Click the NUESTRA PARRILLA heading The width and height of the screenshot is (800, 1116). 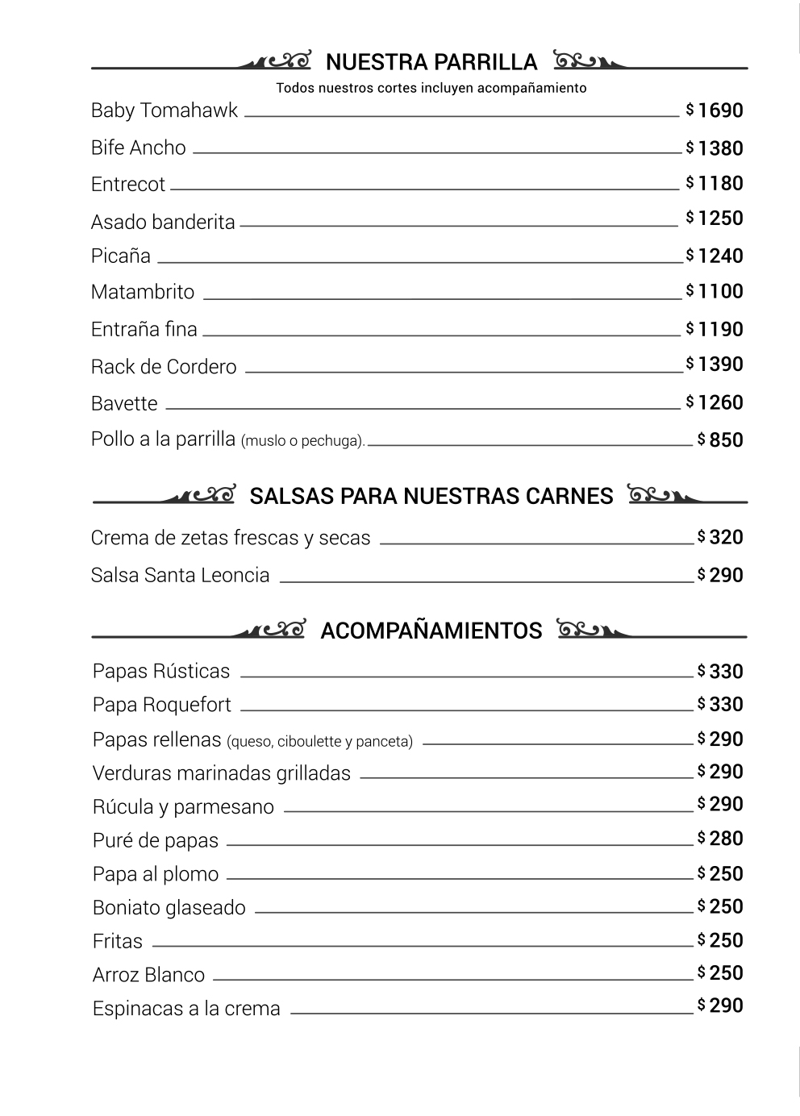[x=431, y=62]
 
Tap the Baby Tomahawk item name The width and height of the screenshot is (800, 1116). [x=164, y=110]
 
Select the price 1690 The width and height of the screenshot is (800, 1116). [x=719, y=110]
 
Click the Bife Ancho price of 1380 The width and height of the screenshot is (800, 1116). [x=719, y=148]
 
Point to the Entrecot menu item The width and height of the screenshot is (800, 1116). [x=127, y=185]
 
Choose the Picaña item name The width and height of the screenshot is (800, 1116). [x=120, y=256]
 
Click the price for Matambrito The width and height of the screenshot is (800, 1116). [x=719, y=291]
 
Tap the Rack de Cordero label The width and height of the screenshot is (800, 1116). [x=163, y=367]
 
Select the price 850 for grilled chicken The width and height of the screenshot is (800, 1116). [x=725, y=440]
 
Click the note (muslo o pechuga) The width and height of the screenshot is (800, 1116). [x=302, y=441]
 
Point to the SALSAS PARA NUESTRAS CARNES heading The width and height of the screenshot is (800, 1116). [x=431, y=496]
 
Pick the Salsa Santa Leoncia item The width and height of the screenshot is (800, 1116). [x=180, y=576]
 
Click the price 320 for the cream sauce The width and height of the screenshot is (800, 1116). [x=725, y=537]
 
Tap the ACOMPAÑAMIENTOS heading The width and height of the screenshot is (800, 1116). [x=431, y=631]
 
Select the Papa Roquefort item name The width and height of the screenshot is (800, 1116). [x=161, y=705]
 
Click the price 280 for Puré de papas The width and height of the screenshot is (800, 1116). [x=725, y=839]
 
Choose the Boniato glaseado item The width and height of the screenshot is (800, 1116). [x=169, y=908]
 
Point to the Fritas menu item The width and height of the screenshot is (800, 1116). [x=117, y=941]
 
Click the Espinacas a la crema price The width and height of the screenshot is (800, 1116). [x=725, y=1006]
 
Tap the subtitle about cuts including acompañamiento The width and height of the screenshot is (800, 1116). [x=431, y=88]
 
